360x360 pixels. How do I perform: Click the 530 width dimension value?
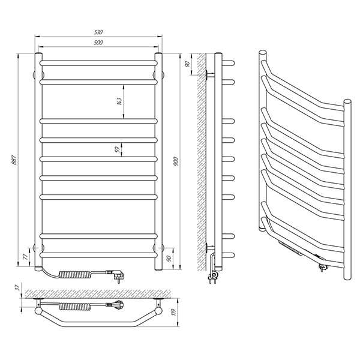(98, 32)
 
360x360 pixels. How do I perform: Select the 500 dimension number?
(98, 43)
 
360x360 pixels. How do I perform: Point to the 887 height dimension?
(14, 160)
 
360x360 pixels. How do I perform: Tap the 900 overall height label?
(176, 161)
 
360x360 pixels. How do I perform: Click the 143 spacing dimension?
(119, 101)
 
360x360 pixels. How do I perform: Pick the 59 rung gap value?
(118, 149)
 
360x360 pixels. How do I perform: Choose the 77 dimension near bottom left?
(26, 256)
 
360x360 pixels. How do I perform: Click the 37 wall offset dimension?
(17, 289)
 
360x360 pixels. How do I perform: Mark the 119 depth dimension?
(173, 312)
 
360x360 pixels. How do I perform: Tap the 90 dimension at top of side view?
(187, 64)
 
